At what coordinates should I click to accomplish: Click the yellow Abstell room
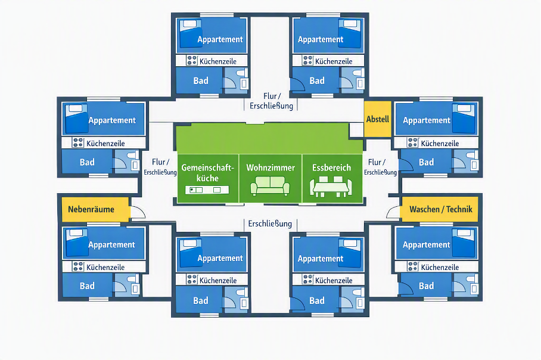(378, 119)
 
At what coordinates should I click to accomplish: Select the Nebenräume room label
(91, 209)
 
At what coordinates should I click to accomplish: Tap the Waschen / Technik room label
(440, 209)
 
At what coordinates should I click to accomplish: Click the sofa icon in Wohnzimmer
(270, 186)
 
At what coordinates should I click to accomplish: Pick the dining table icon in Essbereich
(331, 187)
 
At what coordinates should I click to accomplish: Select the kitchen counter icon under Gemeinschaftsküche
(207, 190)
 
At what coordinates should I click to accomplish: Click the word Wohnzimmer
(270, 167)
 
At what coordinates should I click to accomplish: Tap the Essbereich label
(331, 167)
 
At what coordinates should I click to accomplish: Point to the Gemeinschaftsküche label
(207, 173)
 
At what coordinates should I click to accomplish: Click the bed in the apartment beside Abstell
(464, 119)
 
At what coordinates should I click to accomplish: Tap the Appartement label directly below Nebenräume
(111, 245)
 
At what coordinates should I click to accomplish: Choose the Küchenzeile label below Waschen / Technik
(440, 267)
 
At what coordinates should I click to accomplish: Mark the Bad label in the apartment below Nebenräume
(87, 285)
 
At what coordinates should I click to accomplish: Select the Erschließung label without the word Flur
(270, 224)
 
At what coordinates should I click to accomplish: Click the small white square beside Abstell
(356, 130)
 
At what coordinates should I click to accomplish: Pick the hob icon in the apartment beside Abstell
(413, 142)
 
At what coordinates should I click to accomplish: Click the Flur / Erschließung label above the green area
(271, 101)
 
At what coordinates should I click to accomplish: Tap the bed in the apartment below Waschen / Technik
(464, 243)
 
